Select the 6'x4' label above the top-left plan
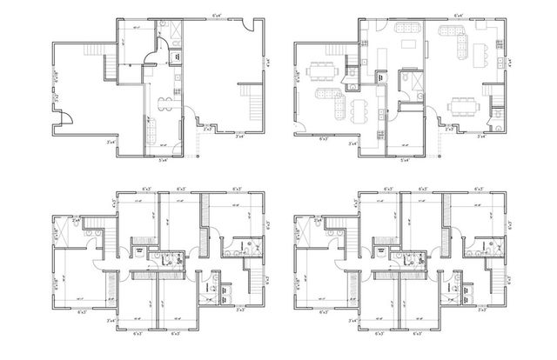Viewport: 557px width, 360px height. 215,15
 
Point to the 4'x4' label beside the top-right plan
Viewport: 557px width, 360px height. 509,63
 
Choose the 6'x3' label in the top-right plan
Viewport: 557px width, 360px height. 324,139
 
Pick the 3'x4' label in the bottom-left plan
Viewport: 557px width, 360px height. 111,321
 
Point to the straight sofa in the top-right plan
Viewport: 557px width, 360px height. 449,32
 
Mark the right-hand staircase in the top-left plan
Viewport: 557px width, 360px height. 252,103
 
